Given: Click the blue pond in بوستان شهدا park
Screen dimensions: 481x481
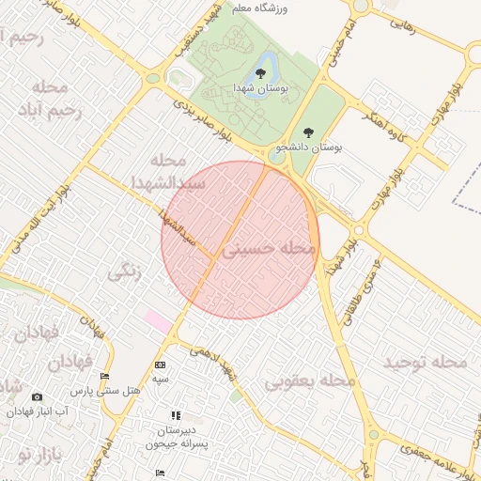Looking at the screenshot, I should [x=265, y=66].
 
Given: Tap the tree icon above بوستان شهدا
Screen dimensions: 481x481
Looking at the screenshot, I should [x=260, y=73].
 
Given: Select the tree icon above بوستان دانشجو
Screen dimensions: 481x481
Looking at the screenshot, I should [x=309, y=133].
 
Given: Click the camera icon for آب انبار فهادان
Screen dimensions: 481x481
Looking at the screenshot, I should [x=37, y=397].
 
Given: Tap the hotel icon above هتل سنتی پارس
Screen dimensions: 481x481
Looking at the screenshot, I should [x=104, y=377].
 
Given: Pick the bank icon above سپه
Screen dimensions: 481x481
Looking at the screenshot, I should [x=160, y=365].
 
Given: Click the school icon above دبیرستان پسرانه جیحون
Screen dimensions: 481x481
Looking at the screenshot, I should [x=174, y=415].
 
